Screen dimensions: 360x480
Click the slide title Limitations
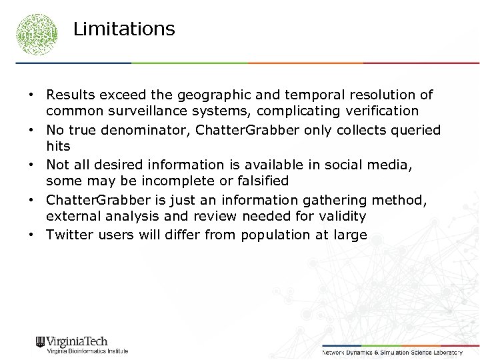pos(124,29)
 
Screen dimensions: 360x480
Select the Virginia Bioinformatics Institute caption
pos(87,351)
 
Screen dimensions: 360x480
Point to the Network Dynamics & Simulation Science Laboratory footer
pos(392,351)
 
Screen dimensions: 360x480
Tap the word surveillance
pos(151,111)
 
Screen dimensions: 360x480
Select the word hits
pos(57,145)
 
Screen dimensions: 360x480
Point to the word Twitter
pos(68,235)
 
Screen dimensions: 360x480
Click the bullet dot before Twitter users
pos(31,235)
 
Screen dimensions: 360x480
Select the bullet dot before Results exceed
pos(31,95)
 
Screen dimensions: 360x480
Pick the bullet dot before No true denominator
pos(31,130)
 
